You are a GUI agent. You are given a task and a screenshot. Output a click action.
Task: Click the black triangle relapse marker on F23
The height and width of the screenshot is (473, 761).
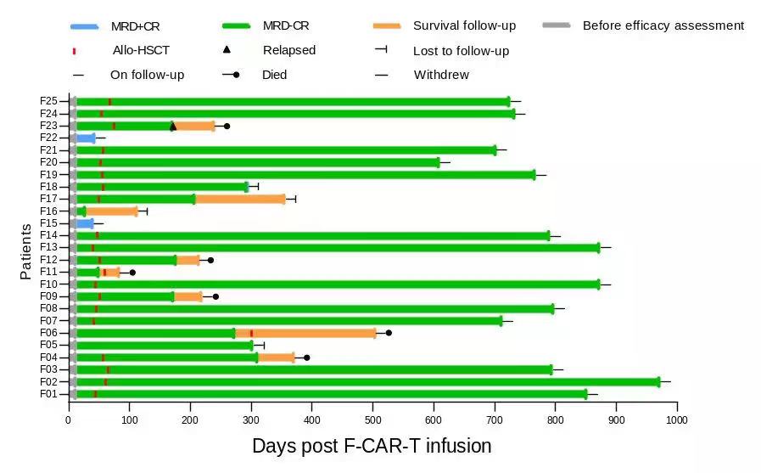[173, 126]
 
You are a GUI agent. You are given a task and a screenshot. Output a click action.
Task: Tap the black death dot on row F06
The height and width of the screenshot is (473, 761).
[389, 333]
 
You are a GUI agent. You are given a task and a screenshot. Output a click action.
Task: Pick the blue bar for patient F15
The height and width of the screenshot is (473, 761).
[85, 223]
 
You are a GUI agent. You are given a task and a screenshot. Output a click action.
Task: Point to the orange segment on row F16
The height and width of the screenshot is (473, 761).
[111, 211]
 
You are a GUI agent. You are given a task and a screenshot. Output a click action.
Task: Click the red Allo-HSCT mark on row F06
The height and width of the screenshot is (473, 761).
[252, 333]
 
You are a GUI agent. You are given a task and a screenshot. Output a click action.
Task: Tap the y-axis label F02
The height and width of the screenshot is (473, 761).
[48, 382]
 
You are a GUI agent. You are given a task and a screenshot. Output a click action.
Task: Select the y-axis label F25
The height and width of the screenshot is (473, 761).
[48, 101]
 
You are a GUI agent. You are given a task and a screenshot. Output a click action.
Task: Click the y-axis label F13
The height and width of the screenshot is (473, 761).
[48, 248]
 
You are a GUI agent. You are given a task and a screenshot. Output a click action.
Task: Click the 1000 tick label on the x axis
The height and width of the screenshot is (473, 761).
[676, 419]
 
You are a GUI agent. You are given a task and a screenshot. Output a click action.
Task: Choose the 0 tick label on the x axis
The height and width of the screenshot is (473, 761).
[70, 419]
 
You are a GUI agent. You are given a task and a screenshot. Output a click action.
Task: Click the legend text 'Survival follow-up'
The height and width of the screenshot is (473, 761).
[464, 25]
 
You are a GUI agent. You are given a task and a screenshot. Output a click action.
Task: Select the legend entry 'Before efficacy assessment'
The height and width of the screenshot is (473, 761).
[663, 25]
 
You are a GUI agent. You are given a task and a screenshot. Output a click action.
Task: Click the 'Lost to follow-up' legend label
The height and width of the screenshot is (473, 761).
[461, 51]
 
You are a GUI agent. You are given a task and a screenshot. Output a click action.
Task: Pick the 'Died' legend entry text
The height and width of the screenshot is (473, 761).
[275, 75]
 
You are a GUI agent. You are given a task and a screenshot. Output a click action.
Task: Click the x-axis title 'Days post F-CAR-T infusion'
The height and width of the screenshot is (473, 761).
[372, 446]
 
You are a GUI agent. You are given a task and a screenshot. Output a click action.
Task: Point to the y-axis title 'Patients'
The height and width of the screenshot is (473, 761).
[26, 251]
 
